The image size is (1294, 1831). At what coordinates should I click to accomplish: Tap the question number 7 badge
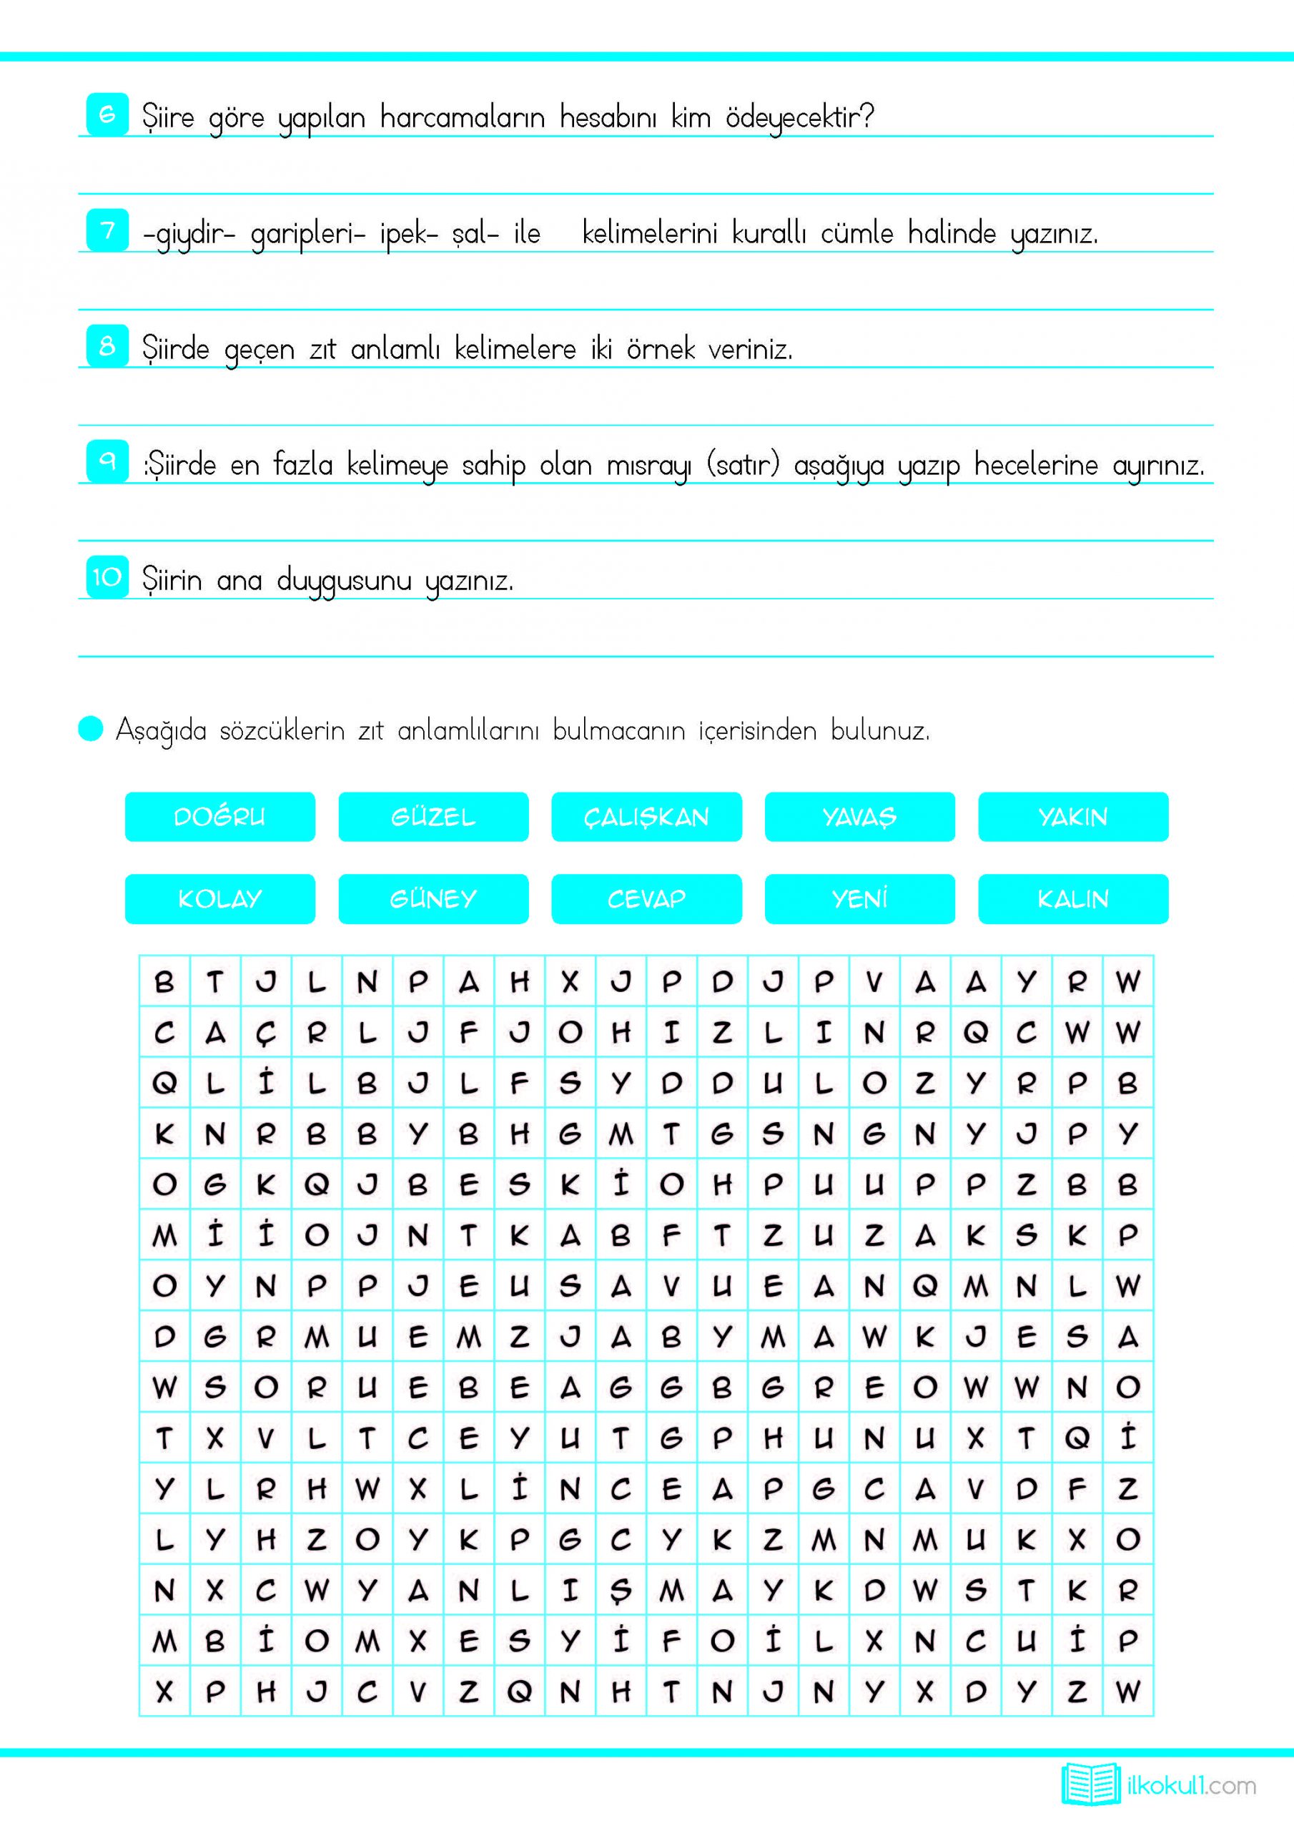pyautogui.click(x=107, y=230)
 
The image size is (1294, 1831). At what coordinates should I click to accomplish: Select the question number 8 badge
pyautogui.click(x=107, y=346)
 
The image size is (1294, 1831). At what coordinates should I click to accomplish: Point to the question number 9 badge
pyautogui.click(x=107, y=462)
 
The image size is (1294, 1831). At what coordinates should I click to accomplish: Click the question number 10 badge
pyautogui.click(x=107, y=576)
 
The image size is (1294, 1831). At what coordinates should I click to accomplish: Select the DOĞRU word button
pyautogui.click(x=220, y=817)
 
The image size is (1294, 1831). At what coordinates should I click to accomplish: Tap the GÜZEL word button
pyautogui.click(x=433, y=817)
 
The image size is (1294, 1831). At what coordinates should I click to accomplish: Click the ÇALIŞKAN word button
pyautogui.click(x=646, y=817)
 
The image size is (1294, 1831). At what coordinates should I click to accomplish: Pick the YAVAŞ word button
pyautogui.click(x=859, y=817)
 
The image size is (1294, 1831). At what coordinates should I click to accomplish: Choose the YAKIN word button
pyautogui.click(x=1073, y=817)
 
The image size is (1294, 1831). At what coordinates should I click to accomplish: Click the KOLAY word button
pyautogui.click(x=220, y=899)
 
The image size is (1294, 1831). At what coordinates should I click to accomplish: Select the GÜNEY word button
pyautogui.click(x=433, y=899)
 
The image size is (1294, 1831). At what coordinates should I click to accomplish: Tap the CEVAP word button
pyautogui.click(x=646, y=899)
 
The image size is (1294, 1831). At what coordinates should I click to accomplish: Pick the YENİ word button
pyautogui.click(x=859, y=899)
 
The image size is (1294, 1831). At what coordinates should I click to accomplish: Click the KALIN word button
pyautogui.click(x=1073, y=899)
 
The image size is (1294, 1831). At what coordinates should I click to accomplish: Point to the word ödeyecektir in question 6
pyautogui.click(x=799, y=118)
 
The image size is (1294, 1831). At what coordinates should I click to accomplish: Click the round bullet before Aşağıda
pyautogui.click(x=91, y=729)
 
